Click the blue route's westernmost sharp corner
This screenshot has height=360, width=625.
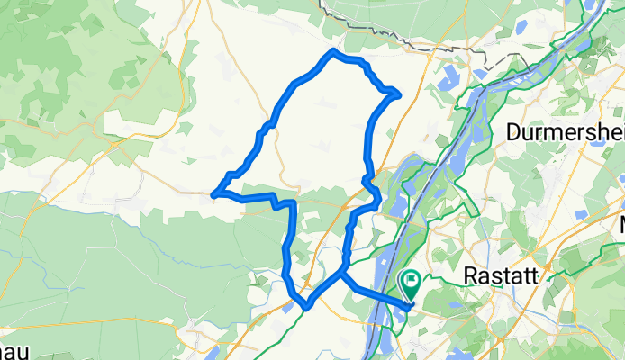213,193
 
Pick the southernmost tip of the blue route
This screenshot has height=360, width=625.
307,308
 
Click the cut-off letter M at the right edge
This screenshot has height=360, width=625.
620,224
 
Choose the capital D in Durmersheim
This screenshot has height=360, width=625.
513,133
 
